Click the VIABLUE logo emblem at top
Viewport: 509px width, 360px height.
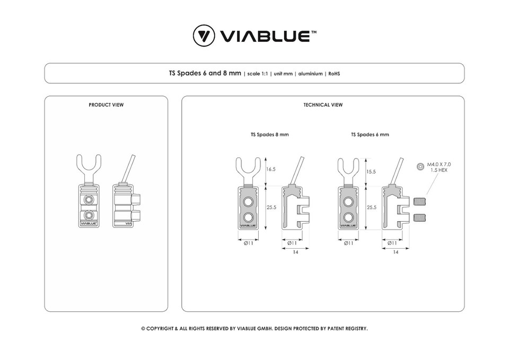[x=204, y=36]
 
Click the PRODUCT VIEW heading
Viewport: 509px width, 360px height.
[x=106, y=105]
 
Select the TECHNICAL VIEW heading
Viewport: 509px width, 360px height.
[x=323, y=105]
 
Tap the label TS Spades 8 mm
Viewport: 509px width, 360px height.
[x=269, y=135]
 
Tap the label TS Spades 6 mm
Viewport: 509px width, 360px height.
[x=370, y=135]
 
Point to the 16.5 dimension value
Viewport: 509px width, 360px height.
[x=271, y=169]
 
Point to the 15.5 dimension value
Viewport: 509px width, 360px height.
[x=371, y=172]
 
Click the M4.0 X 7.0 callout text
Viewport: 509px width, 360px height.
[x=438, y=165]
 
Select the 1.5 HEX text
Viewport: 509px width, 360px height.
[x=438, y=171]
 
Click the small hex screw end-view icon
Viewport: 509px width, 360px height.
[x=420, y=166]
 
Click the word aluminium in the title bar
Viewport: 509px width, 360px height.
[x=310, y=74]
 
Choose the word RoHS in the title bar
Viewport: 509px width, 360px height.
[x=334, y=74]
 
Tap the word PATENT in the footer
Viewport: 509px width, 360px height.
[x=329, y=329]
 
